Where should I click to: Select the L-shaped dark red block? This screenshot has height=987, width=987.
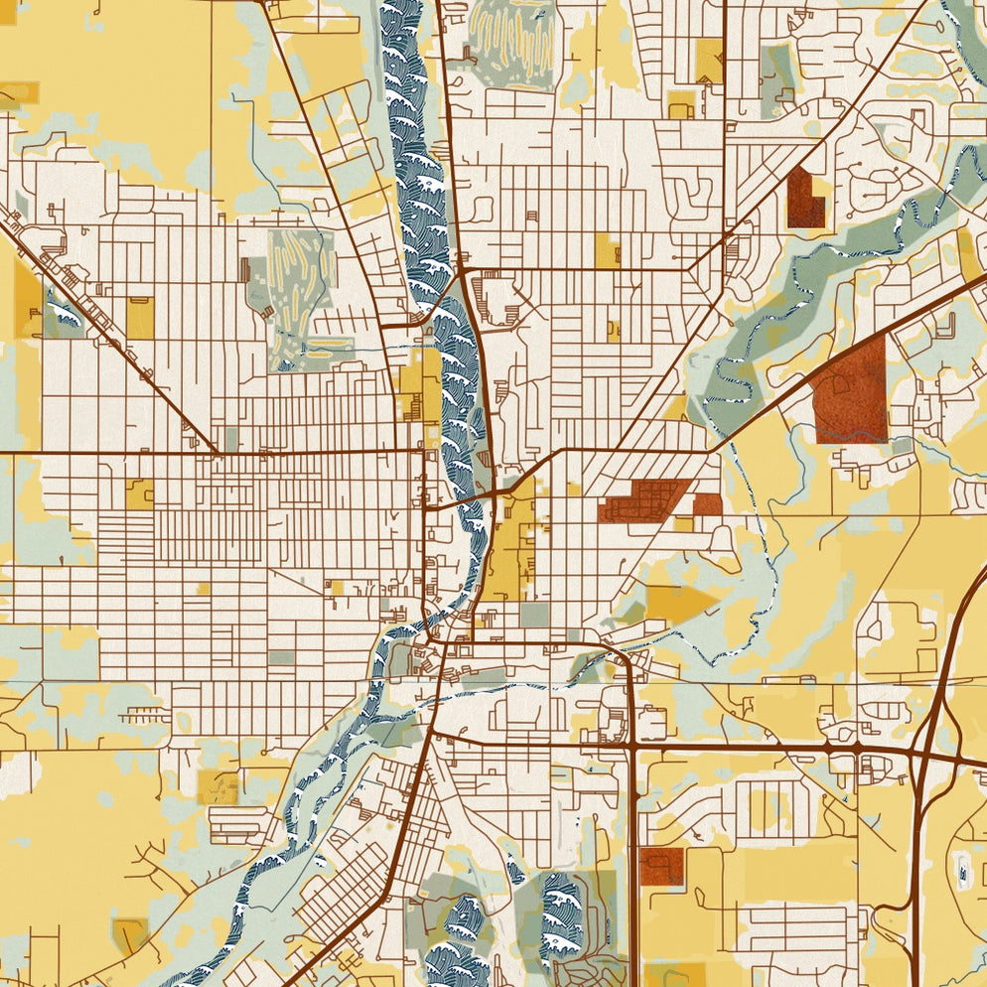click(x=804, y=199)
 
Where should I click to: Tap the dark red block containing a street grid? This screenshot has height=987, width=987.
click(x=645, y=500)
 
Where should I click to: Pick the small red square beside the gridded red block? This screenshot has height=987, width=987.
click(x=707, y=504)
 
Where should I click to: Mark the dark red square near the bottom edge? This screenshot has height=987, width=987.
click(x=661, y=866)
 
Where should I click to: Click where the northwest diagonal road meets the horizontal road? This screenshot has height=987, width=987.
click(x=216, y=454)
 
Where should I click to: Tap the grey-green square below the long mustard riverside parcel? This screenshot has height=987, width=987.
click(x=534, y=615)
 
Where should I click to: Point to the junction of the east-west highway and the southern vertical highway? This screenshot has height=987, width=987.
click(x=632, y=745)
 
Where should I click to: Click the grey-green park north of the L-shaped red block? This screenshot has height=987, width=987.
click(x=777, y=70)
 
